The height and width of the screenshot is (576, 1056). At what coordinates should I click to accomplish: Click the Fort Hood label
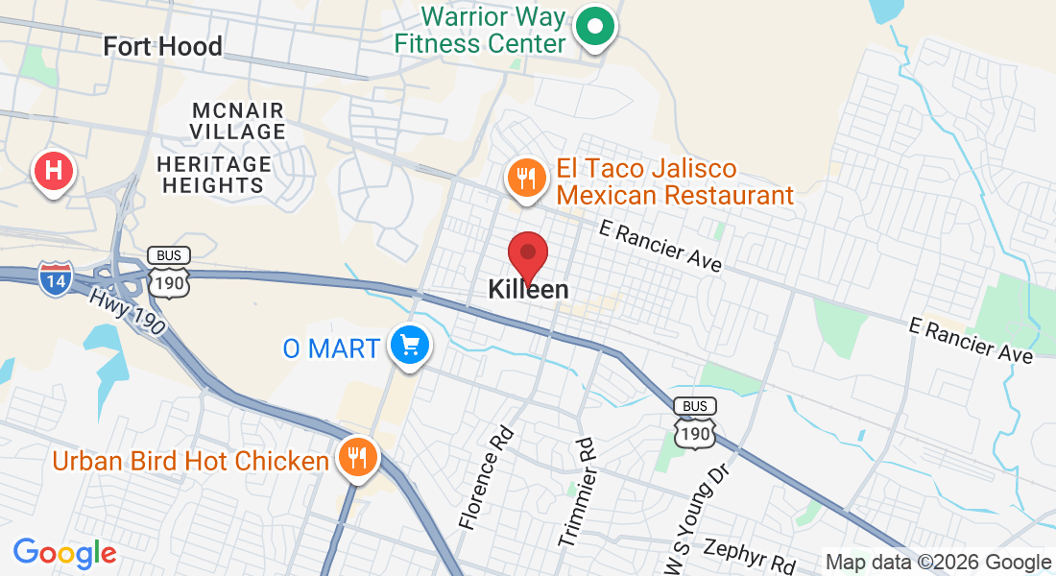(162, 46)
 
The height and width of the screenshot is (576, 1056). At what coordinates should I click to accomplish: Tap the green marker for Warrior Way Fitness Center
(595, 28)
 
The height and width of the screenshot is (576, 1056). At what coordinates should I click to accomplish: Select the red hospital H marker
(55, 172)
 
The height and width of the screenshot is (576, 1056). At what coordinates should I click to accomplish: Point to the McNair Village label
(237, 120)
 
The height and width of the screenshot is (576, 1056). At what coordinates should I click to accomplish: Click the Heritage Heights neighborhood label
(214, 174)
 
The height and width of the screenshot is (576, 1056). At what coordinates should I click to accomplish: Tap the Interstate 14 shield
(55, 277)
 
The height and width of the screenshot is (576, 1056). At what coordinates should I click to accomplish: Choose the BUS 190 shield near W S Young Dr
(694, 421)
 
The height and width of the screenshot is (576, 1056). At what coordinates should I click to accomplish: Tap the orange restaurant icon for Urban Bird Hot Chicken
(358, 458)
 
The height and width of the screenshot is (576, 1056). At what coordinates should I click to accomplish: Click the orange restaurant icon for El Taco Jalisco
(525, 180)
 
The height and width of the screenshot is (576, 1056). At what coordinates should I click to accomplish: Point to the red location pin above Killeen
(527, 253)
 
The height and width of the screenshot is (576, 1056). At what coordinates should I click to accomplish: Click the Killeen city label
(528, 289)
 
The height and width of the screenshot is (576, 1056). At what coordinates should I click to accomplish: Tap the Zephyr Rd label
(749, 552)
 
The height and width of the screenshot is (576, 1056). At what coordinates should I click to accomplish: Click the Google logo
(64, 552)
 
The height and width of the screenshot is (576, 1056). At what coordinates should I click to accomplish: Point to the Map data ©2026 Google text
(938, 563)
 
